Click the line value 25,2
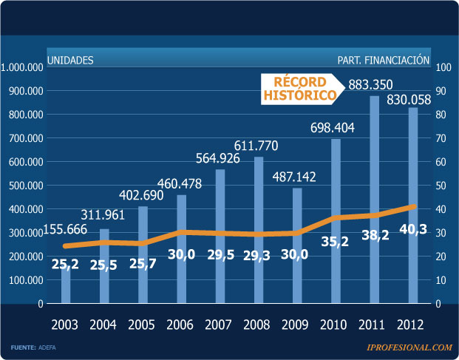[x=67, y=263]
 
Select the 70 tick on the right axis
[x=443, y=138]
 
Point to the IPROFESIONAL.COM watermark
[x=409, y=347]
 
